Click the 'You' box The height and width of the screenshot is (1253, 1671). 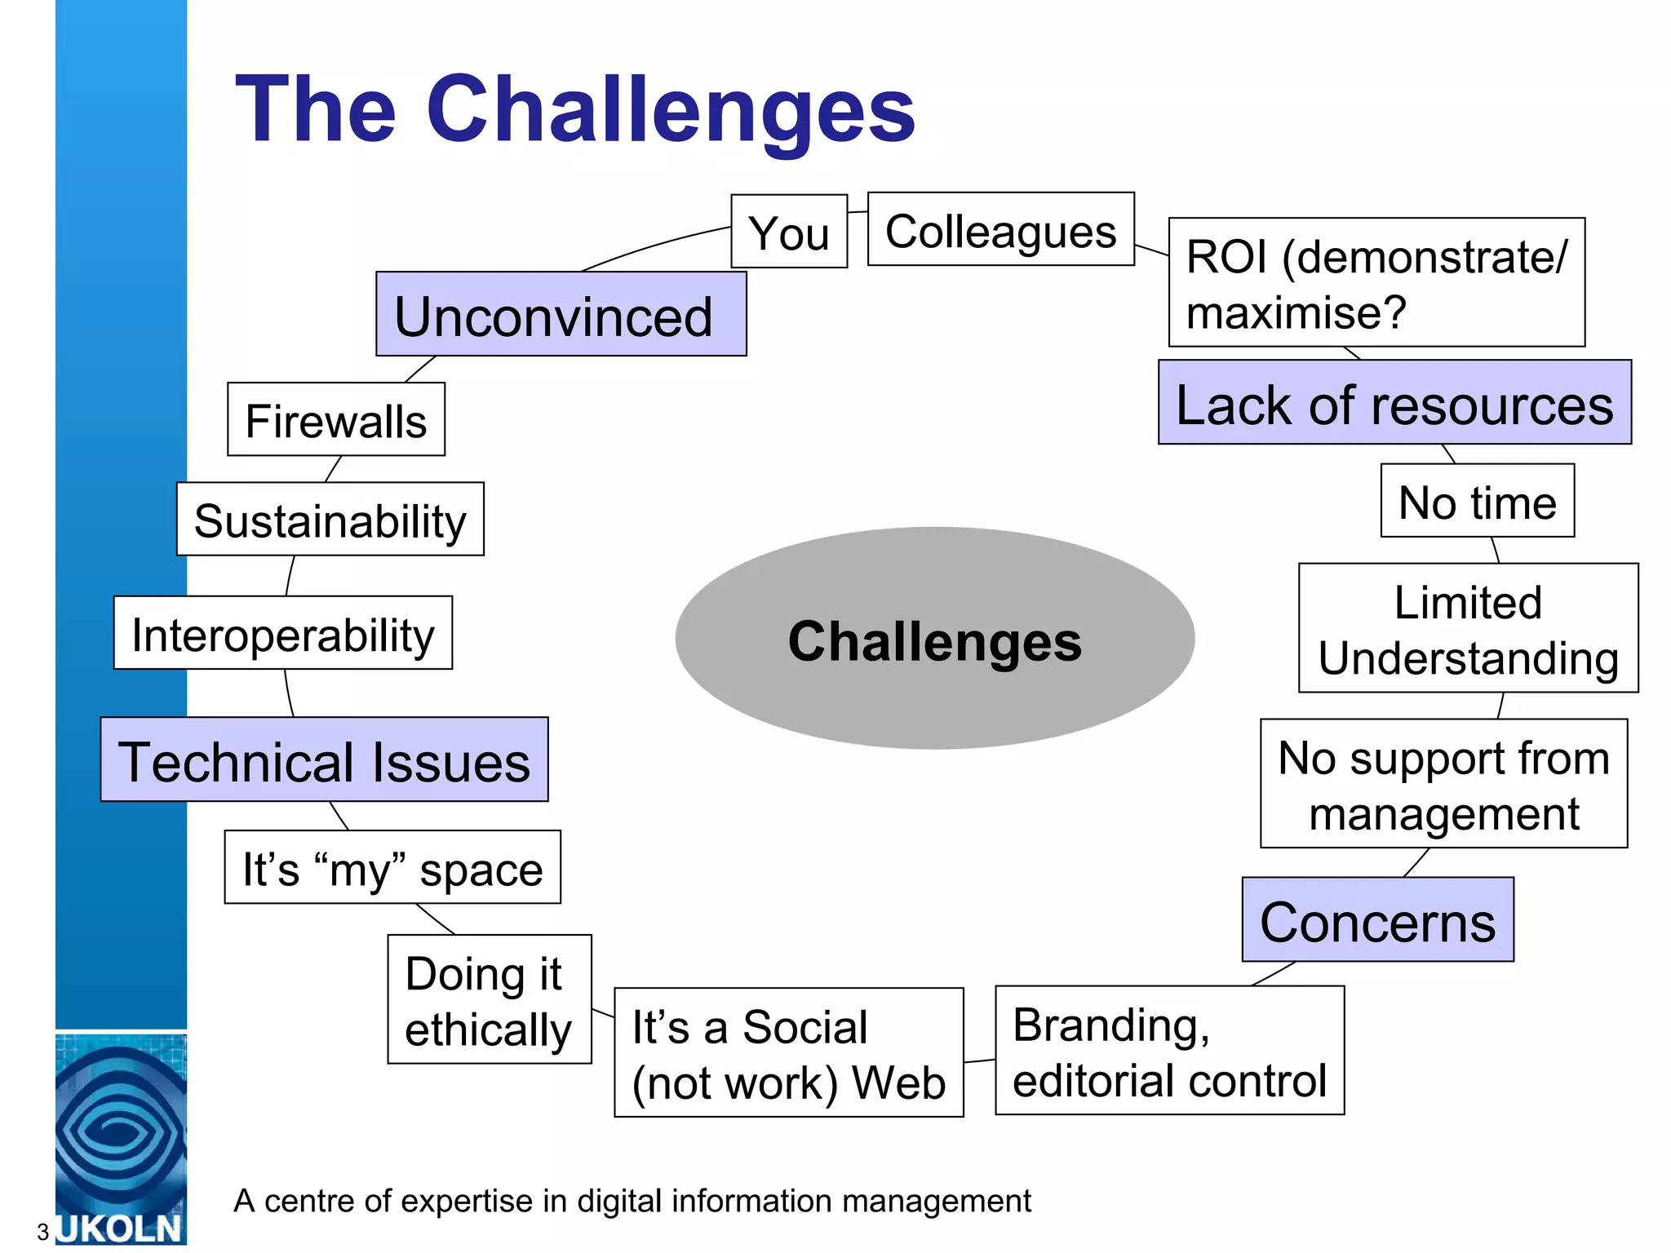click(x=788, y=232)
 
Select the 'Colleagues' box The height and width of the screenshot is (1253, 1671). click(x=1000, y=229)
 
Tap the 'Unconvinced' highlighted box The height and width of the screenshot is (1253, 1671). click(x=561, y=314)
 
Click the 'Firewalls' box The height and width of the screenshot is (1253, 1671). click(x=335, y=419)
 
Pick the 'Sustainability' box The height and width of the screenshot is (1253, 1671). click(x=330, y=520)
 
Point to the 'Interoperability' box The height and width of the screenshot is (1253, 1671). click(x=282, y=633)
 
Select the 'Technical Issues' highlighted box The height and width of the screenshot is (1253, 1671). click(x=324, y=759)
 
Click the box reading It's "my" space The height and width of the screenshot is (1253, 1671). click(x=392, y=867)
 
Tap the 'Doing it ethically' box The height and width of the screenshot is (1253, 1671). click(x=489, y=999)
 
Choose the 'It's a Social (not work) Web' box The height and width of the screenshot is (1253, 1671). click(x=788, y=1052)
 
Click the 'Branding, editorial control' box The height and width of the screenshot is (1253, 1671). click(x=1169, y=1051)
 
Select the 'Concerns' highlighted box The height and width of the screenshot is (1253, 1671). click(x=1377, y=920)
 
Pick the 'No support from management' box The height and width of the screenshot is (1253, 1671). click(x=1443, y=784)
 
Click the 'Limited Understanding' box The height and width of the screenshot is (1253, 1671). click(x=1468, y=628)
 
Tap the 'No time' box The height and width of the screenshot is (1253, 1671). click(x=1477, y=501)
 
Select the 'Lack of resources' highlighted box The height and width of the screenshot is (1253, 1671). click(x=1394, y=403)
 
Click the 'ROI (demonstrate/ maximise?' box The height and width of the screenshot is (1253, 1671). click(x=1376, y=282)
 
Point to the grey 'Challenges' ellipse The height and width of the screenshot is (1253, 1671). click(x=934, y=639)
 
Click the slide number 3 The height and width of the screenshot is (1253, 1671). click(x=42, y=1232)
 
